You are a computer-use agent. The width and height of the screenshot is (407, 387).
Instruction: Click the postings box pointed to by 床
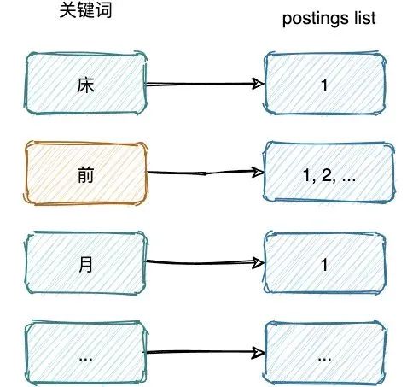coord(325,85)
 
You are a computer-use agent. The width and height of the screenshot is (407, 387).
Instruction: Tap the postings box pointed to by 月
coord(325,264)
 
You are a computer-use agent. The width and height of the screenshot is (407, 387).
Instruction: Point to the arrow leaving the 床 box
coord(205,85)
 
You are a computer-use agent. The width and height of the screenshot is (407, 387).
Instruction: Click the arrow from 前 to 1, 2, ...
coord(205,173)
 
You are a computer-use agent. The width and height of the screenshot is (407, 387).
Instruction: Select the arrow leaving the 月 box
coord(205,263)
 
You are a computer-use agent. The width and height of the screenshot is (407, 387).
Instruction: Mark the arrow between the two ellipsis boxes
coord(205,351)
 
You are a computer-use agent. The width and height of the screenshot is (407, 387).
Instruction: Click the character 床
coord(84,85)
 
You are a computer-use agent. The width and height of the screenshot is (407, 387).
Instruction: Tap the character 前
coord(84,174)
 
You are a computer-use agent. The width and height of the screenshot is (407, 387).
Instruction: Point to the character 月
coord(84,264)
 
